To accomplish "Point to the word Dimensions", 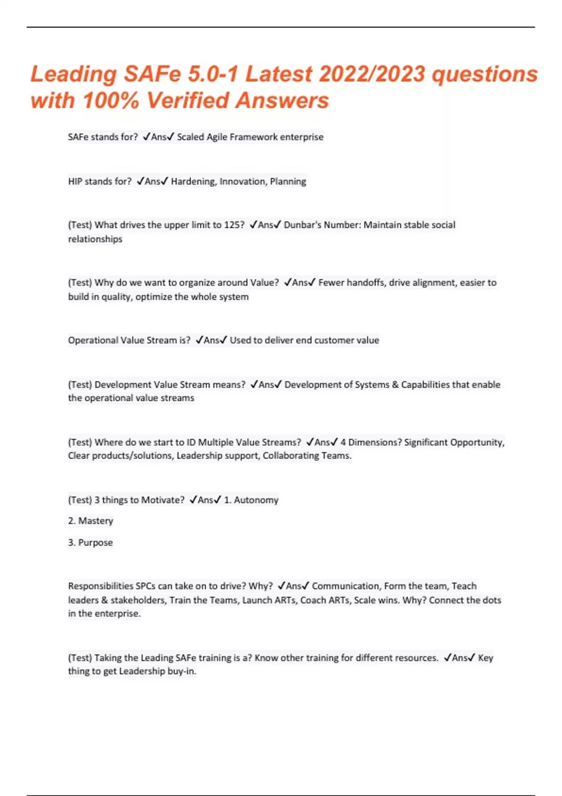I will pyautogui.click(x=373, y=442).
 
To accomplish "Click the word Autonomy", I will pyautogui.click(x=256, y=500).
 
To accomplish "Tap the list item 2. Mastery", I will pyautogui.click(x=91, y=521).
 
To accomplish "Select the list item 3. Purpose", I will pyautogui.click(x=90, y=542).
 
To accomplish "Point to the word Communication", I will pyautogui.click(x=345, y=586).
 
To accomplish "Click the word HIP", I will pyautogui.click(x=75, y=181).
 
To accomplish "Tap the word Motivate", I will pyautogui.click(x=163, y=500).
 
